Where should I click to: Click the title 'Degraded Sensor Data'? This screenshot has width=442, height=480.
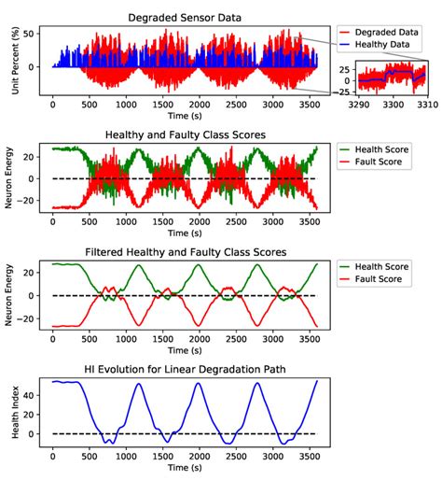click(x=184, y=16)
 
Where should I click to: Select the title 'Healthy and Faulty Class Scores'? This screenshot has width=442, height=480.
click(x=184, y=134)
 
